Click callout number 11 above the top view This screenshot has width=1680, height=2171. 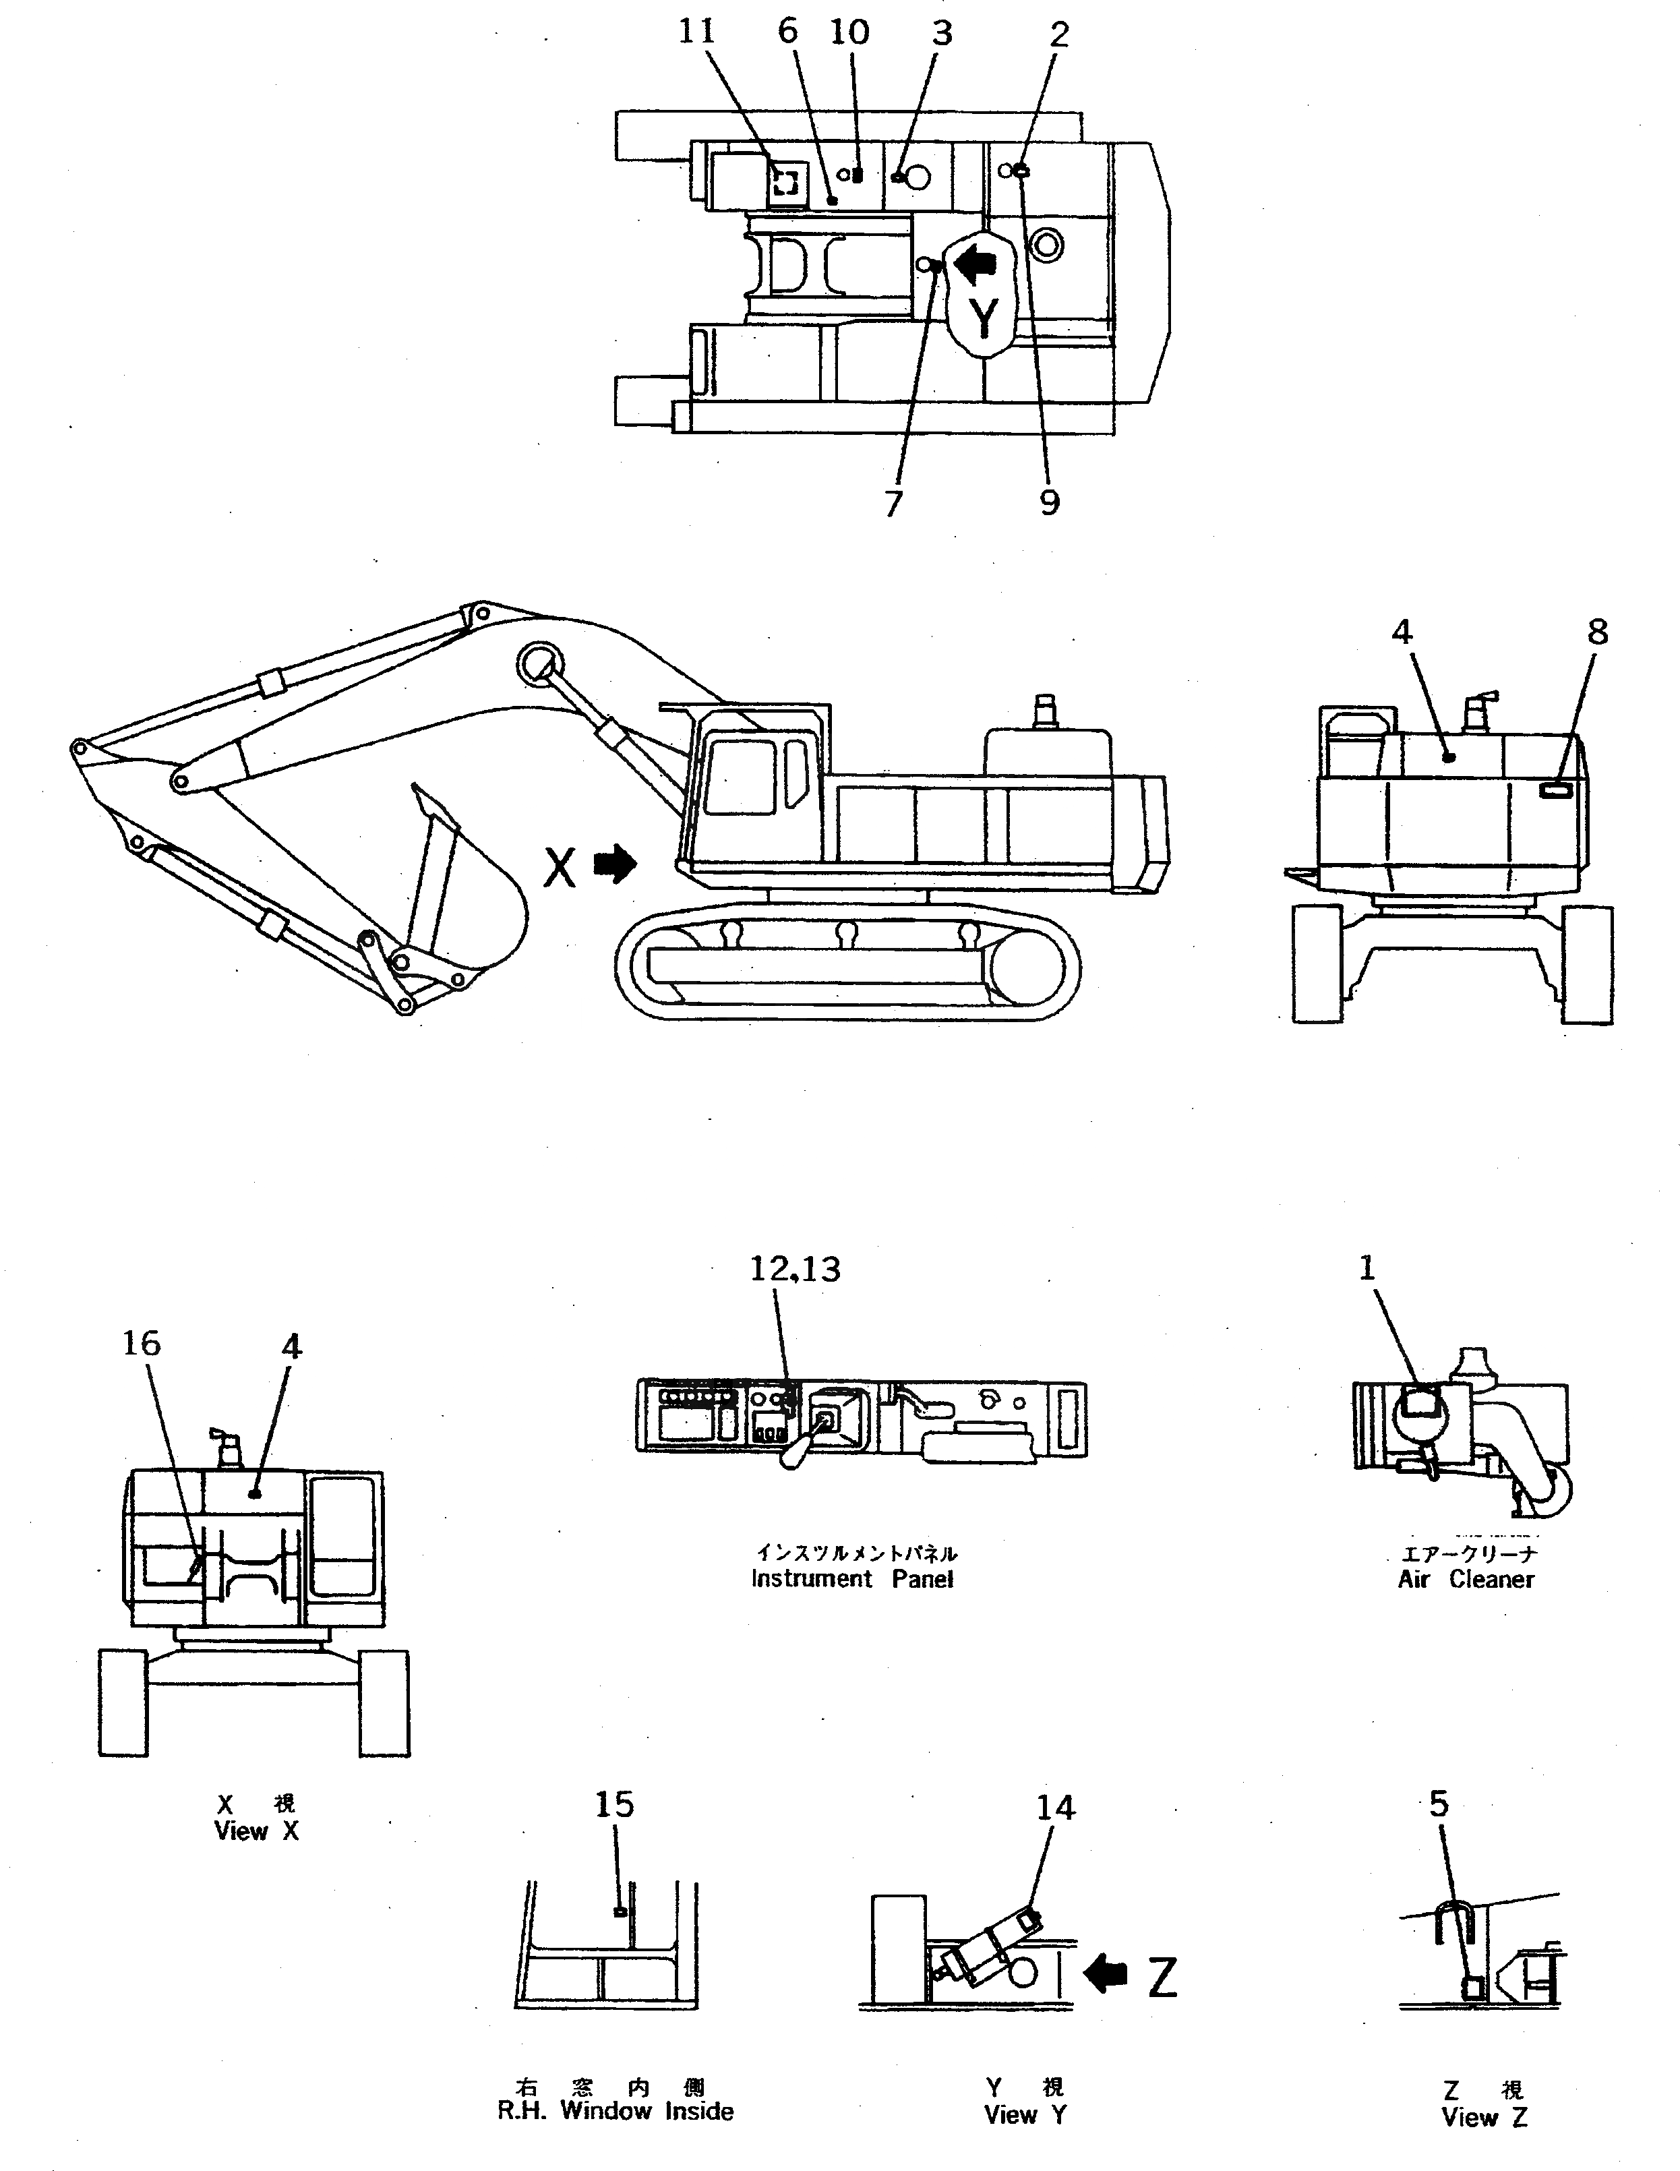click(697, 32)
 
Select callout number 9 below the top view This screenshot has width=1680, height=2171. click(1050, 502)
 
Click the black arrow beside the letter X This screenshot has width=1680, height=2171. click(616, 864)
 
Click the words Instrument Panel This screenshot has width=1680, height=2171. click(852, 1578)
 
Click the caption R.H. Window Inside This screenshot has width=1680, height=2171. click(616, 2112)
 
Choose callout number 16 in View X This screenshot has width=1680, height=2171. click(141, 1344)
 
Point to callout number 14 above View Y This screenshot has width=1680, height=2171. click(1056, 1807)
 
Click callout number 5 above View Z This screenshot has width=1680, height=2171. click(1439, 1803)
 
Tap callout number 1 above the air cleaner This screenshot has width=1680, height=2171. click(1367, 1268)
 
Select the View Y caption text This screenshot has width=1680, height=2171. click(1025, 2114)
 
